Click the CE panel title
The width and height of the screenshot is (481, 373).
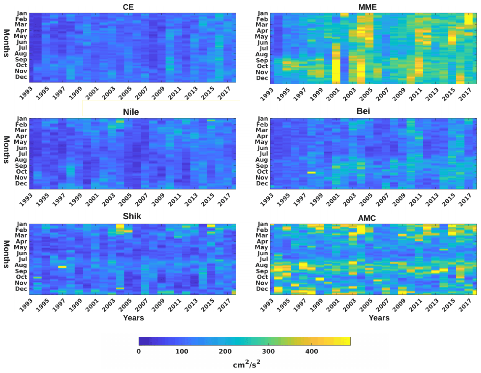[128, 7]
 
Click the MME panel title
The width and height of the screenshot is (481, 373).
[367, 7]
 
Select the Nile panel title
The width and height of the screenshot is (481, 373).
[131, 112]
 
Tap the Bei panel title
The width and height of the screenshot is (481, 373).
[363, 111]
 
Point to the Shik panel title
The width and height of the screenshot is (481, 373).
[132, 217]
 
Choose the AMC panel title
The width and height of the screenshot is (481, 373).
[367, 218]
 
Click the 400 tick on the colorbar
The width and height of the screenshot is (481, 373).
[311, 351]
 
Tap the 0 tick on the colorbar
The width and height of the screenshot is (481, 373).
[139, 351]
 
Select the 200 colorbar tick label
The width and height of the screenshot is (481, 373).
[225, 351]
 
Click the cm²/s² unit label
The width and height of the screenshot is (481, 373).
[247, 364]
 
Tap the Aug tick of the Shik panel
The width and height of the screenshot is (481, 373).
[21, 265]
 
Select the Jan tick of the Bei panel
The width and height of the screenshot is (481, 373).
[263, 119]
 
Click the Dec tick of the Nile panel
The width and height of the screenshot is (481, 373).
[21, 183]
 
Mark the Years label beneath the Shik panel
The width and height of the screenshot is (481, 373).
[134, 318]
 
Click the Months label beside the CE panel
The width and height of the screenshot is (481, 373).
[6, 43]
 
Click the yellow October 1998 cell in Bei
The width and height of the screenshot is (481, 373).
[311, 172]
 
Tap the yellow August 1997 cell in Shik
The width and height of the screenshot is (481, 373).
[62, 267]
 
